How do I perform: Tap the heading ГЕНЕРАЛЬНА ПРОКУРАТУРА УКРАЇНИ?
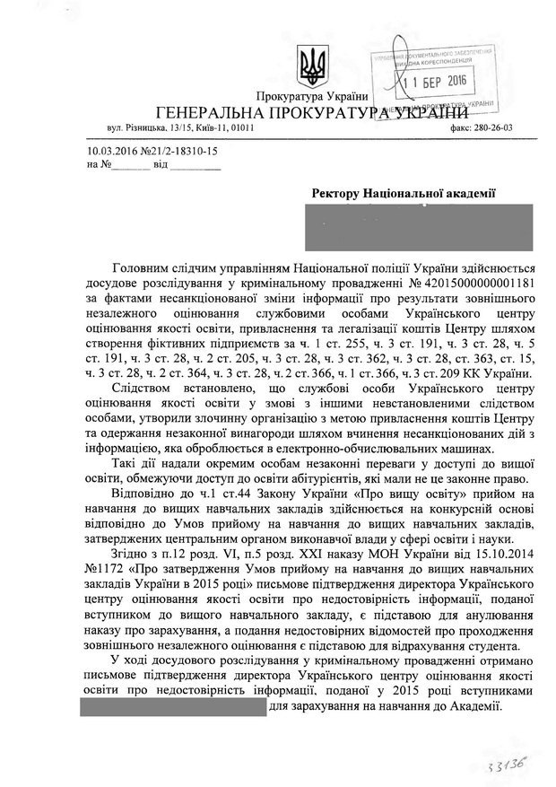pos(312,113)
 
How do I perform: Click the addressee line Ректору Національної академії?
pos(404,194)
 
